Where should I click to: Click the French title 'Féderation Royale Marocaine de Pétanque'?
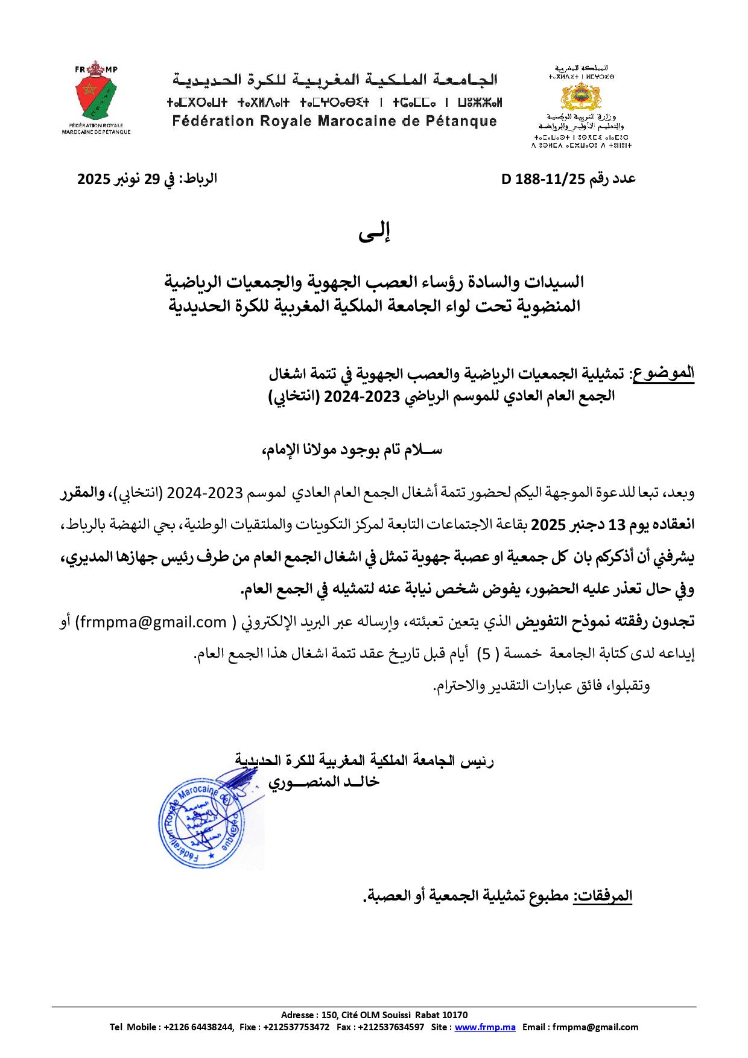(335, 121)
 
